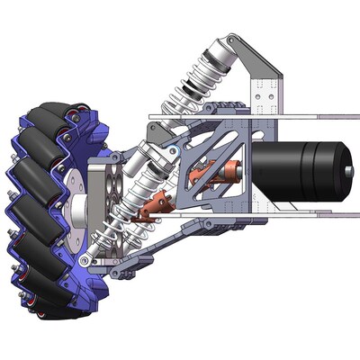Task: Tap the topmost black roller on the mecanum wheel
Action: tap(49, 117)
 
